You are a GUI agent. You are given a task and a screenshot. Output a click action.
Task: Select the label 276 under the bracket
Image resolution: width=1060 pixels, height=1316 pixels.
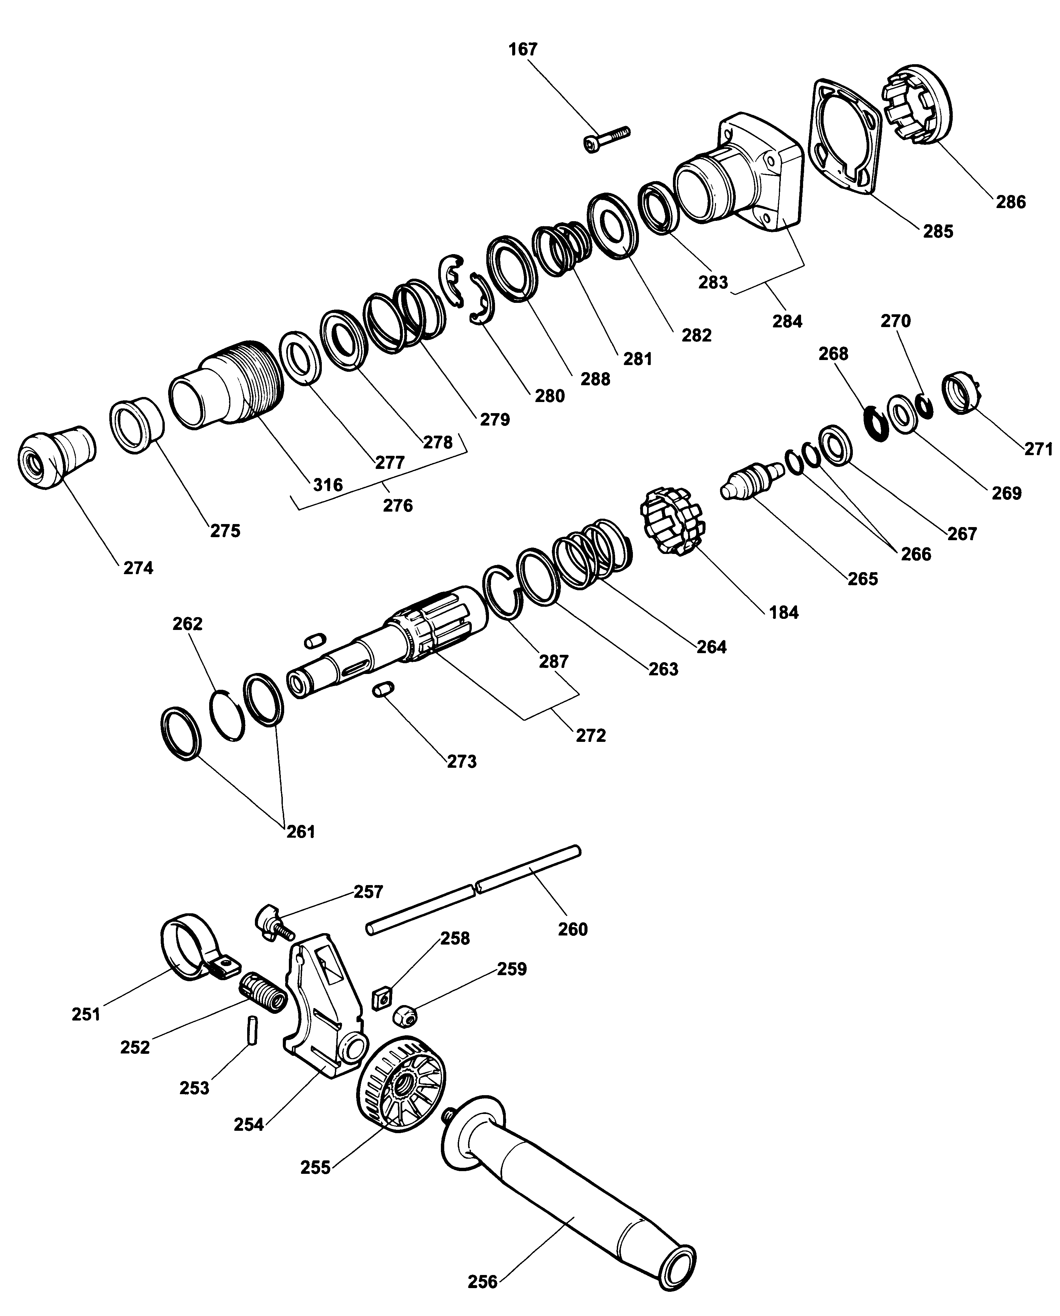point(397,506)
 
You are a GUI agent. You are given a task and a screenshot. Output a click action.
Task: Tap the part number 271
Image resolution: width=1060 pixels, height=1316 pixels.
point(1038,449)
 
